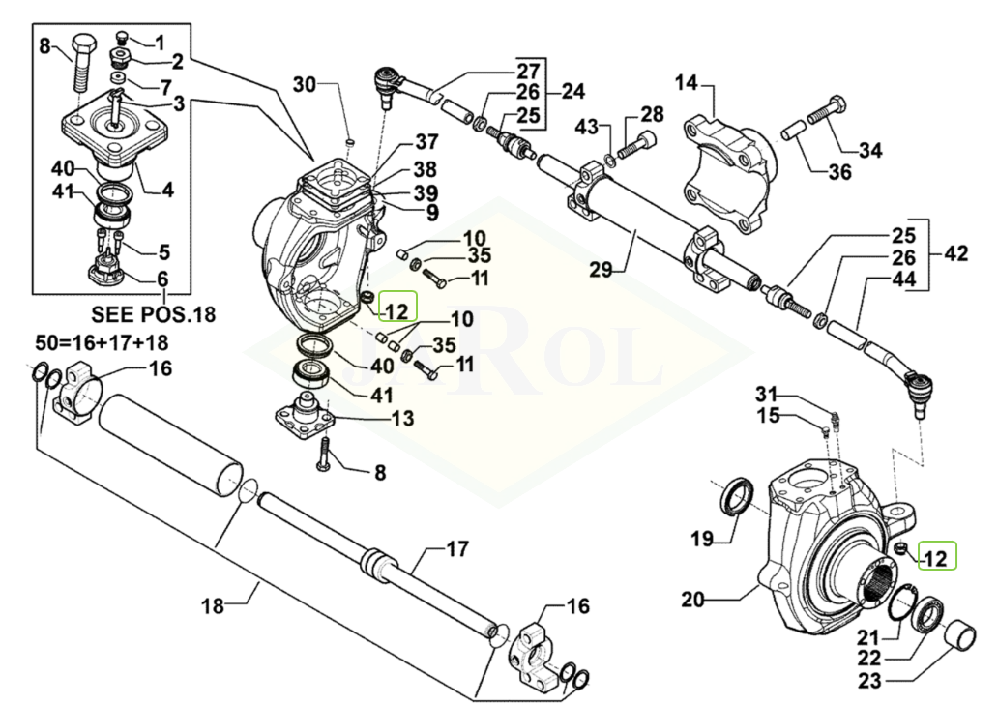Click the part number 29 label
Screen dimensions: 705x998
(602, 270)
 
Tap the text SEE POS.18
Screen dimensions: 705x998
(155, 314)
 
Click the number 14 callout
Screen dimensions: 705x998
(686, 84)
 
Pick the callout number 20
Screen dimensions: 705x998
(693, 600)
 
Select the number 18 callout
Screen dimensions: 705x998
(213, 606)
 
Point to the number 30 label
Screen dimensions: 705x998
(305, 85)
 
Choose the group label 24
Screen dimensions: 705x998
(573, 93)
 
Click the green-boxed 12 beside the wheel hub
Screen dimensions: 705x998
(937, 557)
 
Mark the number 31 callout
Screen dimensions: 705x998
(766, 394)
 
